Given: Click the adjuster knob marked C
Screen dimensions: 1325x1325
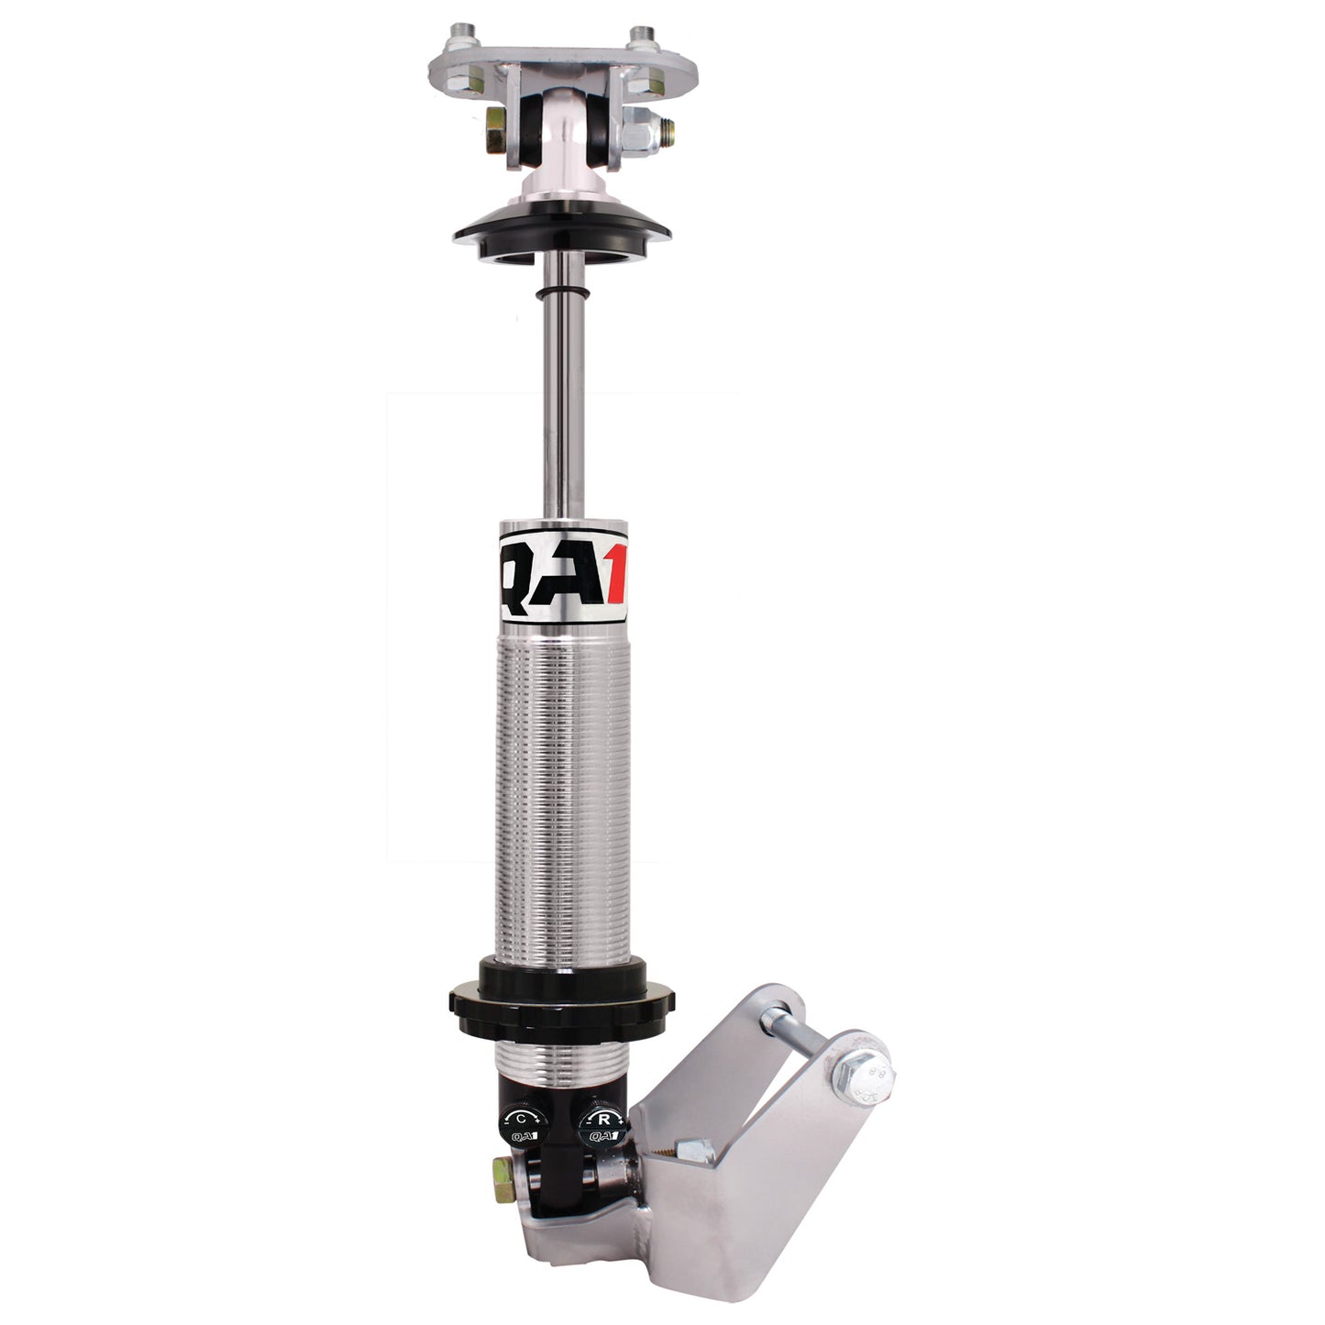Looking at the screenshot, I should pyautogui.click(x=524, y=1120).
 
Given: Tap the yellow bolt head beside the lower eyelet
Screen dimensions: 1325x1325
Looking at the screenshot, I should pyautogui.click(x=502, y=1171).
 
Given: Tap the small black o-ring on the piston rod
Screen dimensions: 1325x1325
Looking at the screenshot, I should pyautogui.click(x=561, y=293).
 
